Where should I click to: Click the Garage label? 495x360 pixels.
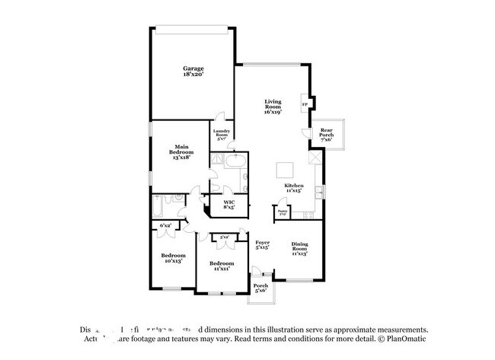(x=192, y=68)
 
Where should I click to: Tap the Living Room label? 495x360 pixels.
(x=273, y=106)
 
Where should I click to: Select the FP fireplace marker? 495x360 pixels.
(x=305, y=104)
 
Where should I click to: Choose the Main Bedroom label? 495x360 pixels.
(x=181, y=149)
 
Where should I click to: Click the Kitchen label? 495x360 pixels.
(x=294, y=186)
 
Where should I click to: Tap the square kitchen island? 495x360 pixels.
(x=283, y=168)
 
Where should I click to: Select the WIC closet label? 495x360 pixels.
(x=228, y=202)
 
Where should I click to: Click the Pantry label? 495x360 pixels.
(x=282, y=212)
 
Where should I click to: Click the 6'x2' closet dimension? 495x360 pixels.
(x=165, y=225)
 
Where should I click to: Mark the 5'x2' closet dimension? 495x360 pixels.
(x=224, y=238)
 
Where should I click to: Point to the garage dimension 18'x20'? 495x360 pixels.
(x=192, y=75)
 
